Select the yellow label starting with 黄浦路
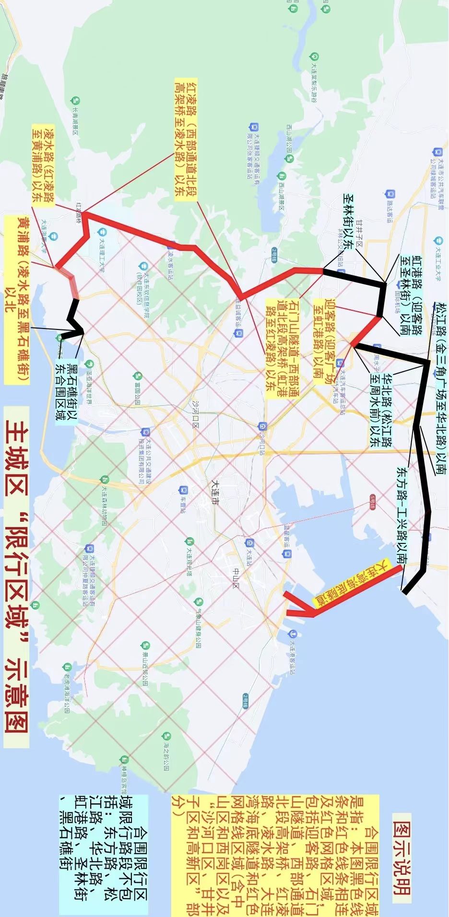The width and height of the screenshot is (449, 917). click(x=17, y=300)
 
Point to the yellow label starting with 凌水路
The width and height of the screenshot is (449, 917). click(x=43, y=163)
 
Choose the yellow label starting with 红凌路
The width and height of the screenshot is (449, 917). click(x=185, y=139)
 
